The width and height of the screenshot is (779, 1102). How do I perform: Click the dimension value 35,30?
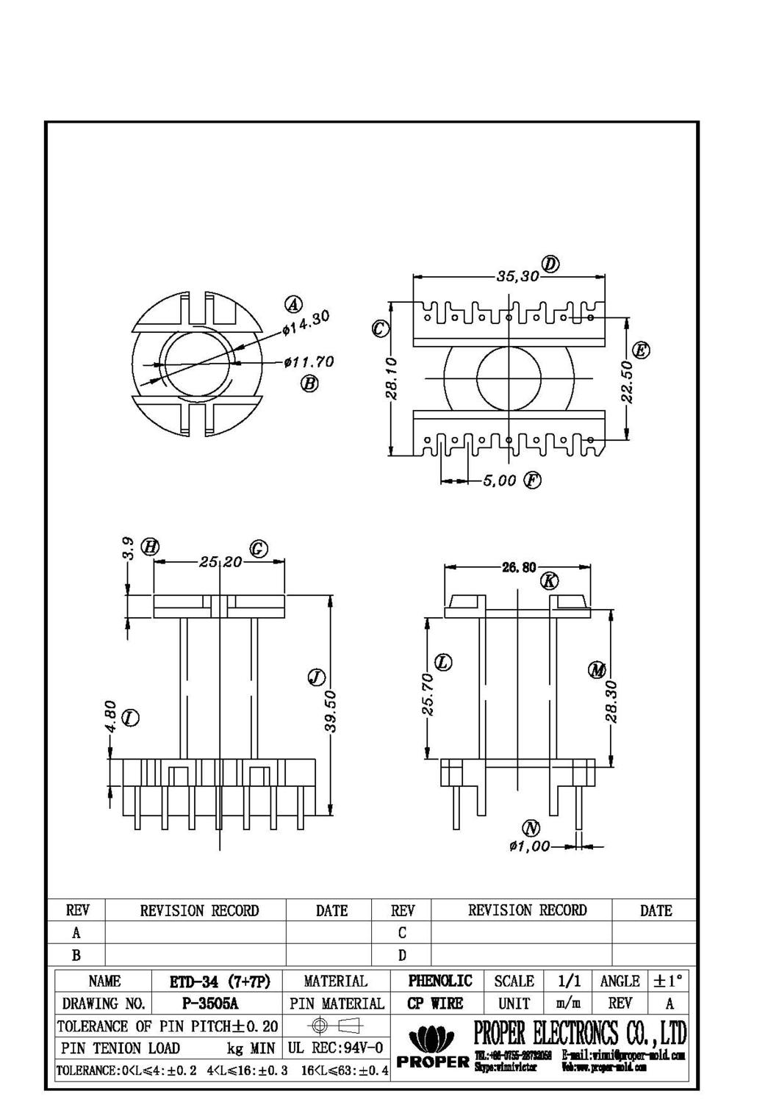[x=517, y=277]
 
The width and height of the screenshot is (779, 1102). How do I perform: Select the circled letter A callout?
[x=293, y=304]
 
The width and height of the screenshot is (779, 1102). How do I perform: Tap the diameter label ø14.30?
[x=306, y=323]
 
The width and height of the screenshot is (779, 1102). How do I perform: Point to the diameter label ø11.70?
[x=310, y=362]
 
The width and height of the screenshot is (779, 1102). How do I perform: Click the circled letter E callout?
[x=641, y=350]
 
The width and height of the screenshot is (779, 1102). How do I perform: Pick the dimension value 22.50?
[x=626, y=381]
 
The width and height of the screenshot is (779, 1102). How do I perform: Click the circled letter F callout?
[x=532, y=481]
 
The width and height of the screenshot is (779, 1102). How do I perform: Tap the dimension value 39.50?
[x=330, y=710]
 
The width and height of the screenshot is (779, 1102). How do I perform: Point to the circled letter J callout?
[x=316, y=677]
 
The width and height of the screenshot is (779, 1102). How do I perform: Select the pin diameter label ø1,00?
[x=529, y=846]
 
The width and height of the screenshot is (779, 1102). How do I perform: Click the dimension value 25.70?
[x=428, y=694]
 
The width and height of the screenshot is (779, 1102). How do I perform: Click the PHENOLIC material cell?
[x=440, y=982]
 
